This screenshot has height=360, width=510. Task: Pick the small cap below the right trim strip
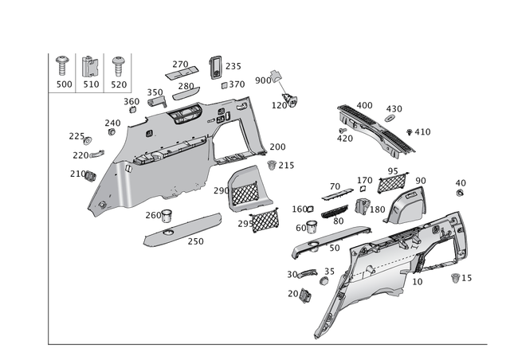(x=304, y=294)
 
